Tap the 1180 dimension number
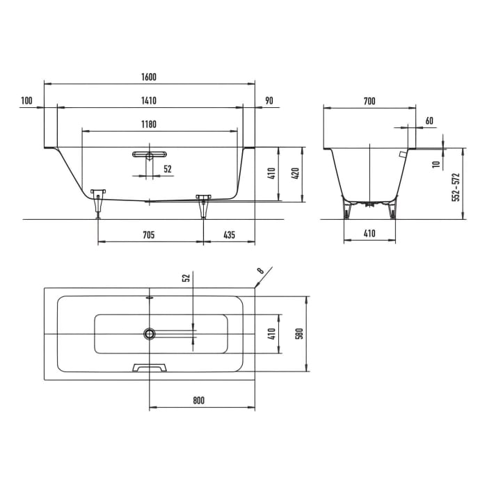click(148, 125)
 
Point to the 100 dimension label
click(27, 101)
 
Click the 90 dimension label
click(269, 101)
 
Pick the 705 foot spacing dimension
click(148, 235)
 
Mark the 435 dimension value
click(229, 235)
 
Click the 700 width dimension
click(369, 102)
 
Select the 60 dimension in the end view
click(429, 121)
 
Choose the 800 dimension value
click(199, 400)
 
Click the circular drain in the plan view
click(150, 334)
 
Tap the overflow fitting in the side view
click(149, 155)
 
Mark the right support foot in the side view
click(203, 205)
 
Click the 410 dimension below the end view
click(369, 234)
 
